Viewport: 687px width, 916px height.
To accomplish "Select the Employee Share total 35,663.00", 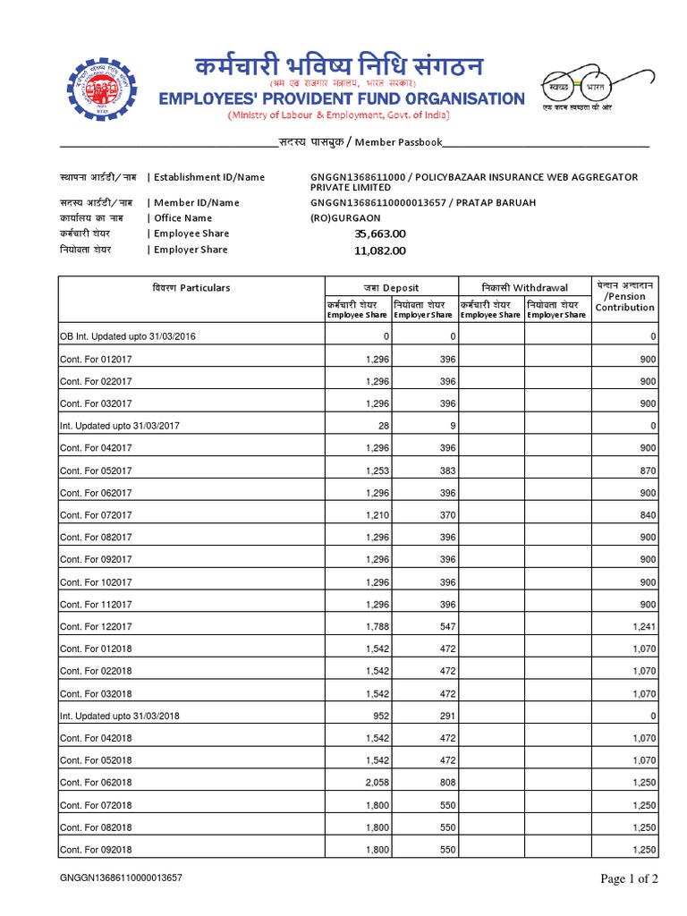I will (x=380, y=233).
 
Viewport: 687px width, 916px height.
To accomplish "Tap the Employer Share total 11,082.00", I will (x=380, y=250).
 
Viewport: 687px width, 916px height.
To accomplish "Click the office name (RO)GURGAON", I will (x=345, y=218).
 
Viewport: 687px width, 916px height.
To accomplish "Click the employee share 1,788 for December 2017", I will (x=377, y=626).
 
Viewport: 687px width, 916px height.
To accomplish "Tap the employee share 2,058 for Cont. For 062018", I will (x=377, y=782).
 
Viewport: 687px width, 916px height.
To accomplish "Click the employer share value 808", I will (x=447, y=782).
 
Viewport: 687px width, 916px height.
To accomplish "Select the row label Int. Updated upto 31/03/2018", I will (x=120, y=716).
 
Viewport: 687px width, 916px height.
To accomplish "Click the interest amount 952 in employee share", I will (x=381, y=716).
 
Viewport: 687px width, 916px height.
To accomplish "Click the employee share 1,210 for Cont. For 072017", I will (x=377, y=515).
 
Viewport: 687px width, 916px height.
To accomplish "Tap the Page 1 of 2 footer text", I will (x=629, y=879).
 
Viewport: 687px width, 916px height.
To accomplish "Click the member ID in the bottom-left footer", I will (x=121, y=879).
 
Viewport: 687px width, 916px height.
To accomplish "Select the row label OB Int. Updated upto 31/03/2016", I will (x=128, y=336).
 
